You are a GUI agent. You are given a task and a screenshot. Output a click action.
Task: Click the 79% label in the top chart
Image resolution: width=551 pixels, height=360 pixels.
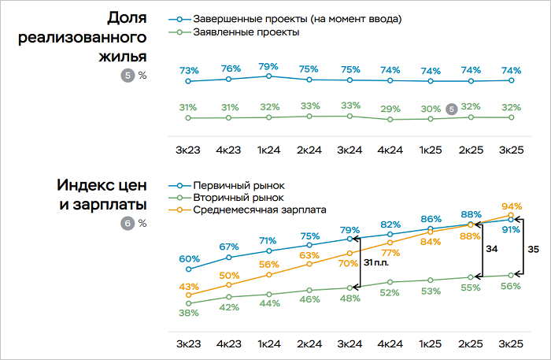pyautogui.click(x=269, y=65)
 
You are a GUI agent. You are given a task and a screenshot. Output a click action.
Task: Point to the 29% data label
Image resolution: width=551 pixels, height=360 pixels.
pyautogui.click(x=390, y=109)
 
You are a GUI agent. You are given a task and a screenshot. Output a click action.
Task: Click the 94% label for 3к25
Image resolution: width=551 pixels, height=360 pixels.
pyautogui.click(x=512, y=206)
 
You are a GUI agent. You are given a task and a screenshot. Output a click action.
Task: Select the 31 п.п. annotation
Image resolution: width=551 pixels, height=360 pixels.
pyautogui.click(x=376, y=264)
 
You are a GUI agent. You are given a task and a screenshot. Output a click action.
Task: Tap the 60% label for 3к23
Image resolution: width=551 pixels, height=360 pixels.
pyautogui.click(x=188, y=258)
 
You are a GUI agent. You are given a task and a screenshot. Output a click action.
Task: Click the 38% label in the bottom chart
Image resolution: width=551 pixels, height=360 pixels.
pyautogui.click(x=188, y=313)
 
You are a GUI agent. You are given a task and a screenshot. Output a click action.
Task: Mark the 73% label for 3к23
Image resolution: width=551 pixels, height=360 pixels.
pyautogui.click(x=188, y=71)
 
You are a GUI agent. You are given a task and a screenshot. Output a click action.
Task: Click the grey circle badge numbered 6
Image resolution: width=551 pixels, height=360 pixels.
pyautogui.click(x=128, y=223)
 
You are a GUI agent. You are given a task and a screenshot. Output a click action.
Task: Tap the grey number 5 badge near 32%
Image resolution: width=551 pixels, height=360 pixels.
pyautogui.click(x=451, y=109)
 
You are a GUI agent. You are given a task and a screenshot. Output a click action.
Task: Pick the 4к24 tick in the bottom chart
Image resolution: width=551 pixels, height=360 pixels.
pyautogui.click(x=390, y=344)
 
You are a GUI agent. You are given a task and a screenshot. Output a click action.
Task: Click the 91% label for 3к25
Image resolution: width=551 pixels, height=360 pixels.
pyautogui.click(x=512, y=231)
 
